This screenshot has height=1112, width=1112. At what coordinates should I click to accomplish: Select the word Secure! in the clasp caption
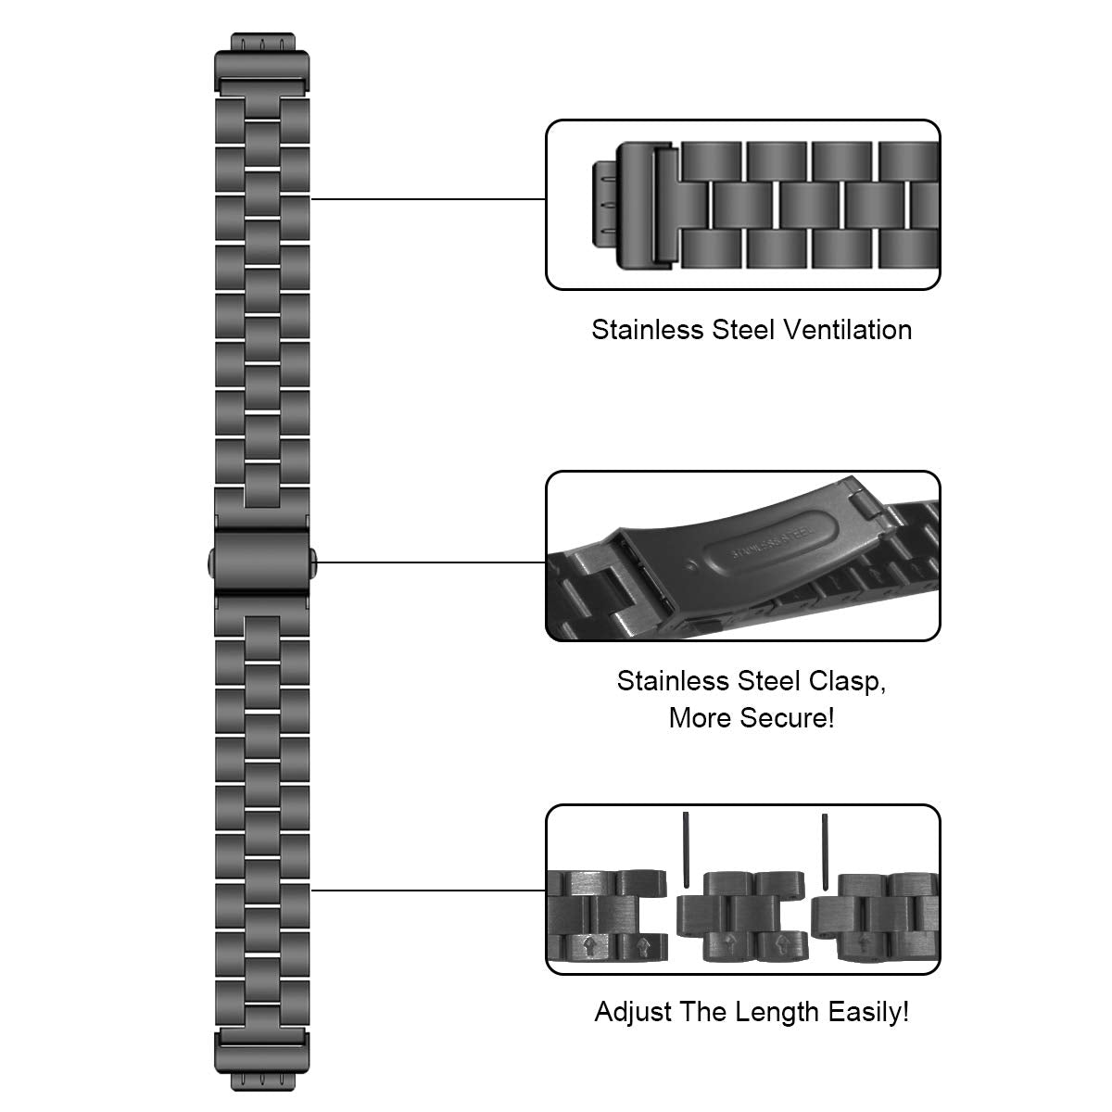pos(791,717)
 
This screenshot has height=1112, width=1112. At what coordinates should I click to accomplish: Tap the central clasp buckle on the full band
pos(261,560)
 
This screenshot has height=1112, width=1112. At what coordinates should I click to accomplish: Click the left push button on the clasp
pos(208,560)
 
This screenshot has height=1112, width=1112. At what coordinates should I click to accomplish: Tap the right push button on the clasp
pos(315,560)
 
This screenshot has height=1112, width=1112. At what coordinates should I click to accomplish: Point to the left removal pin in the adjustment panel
pos(685,849)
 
